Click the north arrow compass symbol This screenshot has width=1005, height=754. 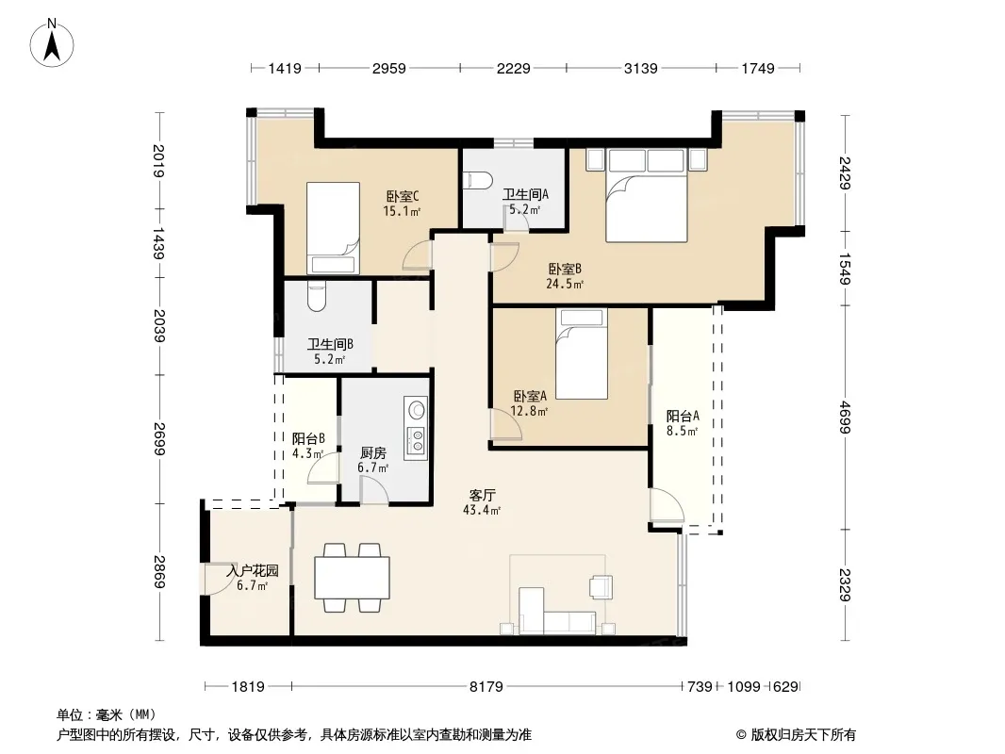[x=52, y=43]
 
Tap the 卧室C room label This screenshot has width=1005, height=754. [x=403, y=196]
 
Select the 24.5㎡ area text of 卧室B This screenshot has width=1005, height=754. [x=565, y=284]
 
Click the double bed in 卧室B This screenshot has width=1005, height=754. [x=647, y=195]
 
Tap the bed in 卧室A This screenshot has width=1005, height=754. [x=582, y=354]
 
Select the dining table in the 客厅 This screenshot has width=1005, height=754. [x=352, y=578]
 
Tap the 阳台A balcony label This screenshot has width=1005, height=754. [x=683, y=416]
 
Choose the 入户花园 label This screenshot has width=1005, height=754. [x=253, y=570]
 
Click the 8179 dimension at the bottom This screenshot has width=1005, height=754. [x=486, y=687]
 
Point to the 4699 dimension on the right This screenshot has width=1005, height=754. [x=846, y=417]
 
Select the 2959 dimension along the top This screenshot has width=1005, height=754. [x=389, y=68]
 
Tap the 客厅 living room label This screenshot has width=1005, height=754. [x=482, y=495]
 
